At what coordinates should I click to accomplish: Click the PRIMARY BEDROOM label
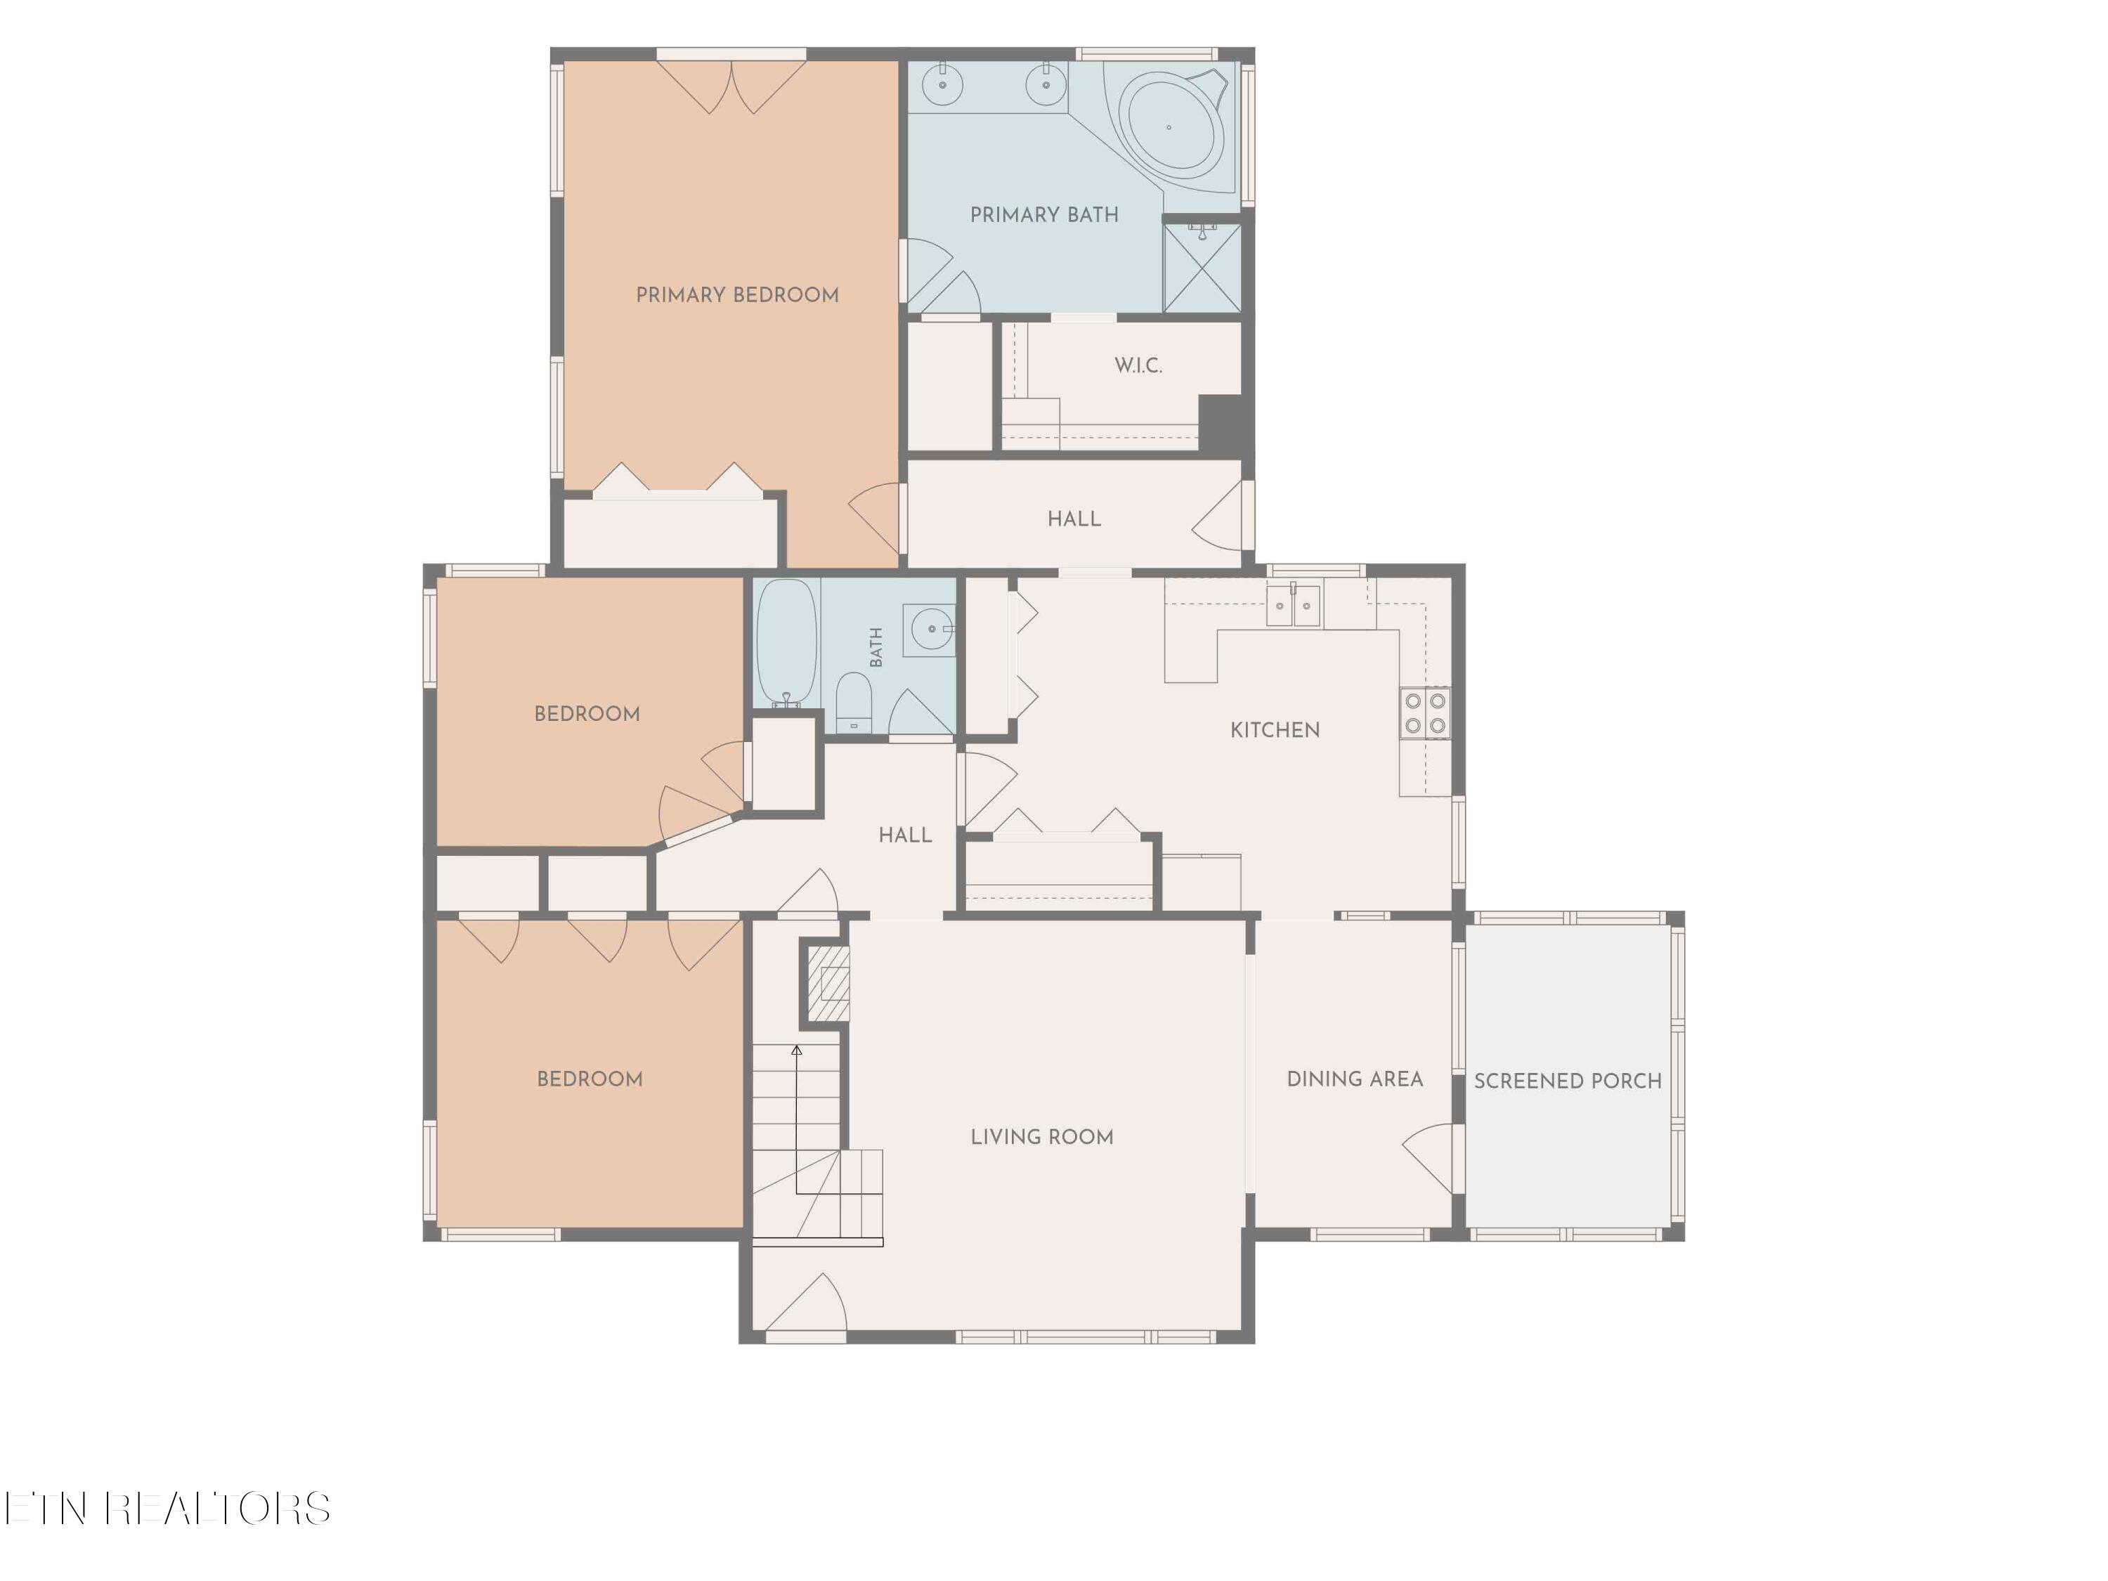click(738, 294)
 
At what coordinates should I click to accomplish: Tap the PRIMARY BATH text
click(1044, 214)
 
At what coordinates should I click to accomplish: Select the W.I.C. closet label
click(1139, 365)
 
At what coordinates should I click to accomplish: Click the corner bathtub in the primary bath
click(1174, 124)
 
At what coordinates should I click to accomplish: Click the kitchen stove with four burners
click(1425, 713)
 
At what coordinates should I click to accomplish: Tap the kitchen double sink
click(1293, 604)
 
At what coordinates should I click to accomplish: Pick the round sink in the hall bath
click(930, 629)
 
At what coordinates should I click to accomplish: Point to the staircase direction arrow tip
click(797, 1046)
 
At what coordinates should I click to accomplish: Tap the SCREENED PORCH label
click(1568, 1081)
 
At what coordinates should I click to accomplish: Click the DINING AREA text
click(1355, 1079)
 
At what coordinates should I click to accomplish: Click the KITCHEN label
click(1275, 730)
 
